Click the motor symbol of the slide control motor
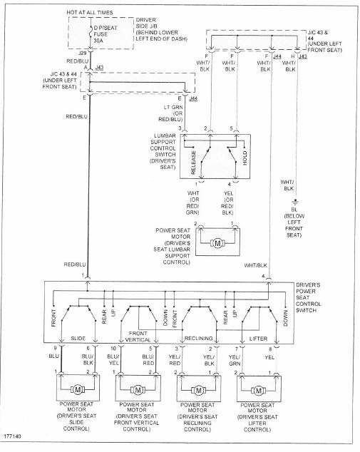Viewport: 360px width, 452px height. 78,390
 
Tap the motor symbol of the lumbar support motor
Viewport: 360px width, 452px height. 217,243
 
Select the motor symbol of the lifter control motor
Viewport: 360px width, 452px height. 259,391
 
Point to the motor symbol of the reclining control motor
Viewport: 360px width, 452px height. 198,391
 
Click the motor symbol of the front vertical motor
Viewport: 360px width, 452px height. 138,390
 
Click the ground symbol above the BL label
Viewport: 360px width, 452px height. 295,202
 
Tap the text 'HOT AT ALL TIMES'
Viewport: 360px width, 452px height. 90,12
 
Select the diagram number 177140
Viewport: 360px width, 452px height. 13,436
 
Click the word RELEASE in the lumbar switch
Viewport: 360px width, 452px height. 193,163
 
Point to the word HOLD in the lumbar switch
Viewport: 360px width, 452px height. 245,158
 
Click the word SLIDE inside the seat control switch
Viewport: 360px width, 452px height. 78,338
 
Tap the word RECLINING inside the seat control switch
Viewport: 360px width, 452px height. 198,338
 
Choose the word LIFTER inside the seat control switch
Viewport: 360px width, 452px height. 258,339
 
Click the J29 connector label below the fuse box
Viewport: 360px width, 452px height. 83,53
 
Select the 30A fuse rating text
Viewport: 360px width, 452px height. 98,41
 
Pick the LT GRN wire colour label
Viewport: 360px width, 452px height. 173,107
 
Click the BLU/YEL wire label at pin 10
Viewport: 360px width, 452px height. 113,360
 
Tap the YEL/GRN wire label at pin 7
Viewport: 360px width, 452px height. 235,360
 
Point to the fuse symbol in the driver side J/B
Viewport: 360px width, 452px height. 91,31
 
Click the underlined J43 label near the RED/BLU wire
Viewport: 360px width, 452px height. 99,68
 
